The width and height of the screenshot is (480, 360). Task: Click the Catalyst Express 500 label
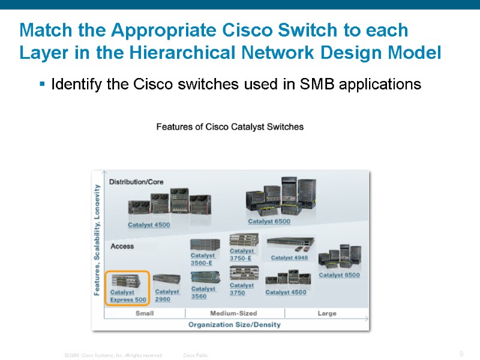128,296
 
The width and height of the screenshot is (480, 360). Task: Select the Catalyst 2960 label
167,295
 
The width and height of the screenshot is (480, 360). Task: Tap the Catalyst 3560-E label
203,259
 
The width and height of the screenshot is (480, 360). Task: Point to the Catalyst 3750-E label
242,254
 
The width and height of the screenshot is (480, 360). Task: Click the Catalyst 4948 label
289,258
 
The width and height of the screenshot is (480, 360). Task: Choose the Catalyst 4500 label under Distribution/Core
149,225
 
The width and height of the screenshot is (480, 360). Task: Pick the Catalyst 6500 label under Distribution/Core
269,221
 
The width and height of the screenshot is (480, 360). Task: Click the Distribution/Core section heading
136,182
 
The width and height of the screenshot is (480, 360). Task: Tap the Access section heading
122,246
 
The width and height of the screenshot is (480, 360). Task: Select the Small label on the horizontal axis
144,313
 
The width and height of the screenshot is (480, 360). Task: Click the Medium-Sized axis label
233,313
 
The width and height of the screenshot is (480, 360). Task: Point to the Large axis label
326,313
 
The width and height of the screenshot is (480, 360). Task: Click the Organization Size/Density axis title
234,325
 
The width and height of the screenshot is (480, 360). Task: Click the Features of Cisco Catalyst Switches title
230,127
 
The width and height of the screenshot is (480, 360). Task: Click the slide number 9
461,354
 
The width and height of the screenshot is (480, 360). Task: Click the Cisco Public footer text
196,356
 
